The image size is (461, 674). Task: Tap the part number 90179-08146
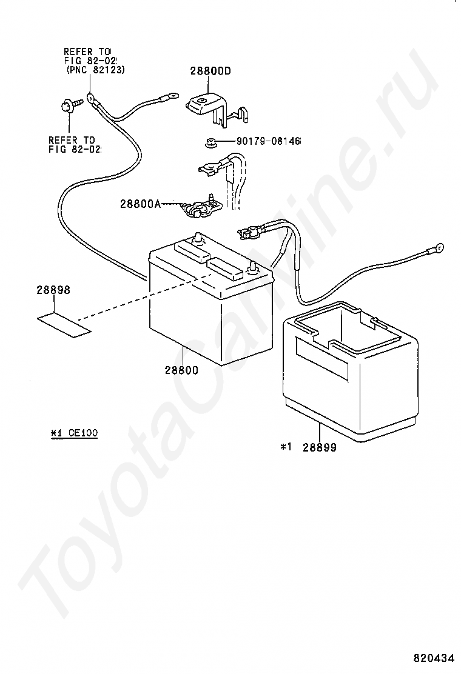[x=268, y=141]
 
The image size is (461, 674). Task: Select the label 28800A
[x=140, y=204]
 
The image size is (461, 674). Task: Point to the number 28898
[x=53, y=290]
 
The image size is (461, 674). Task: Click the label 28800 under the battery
[x=180, y=370]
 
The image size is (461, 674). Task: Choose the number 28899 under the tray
[x=320, y=448]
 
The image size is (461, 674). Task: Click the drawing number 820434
[x=434, y=658]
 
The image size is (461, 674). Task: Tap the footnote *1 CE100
[x=74, y=433]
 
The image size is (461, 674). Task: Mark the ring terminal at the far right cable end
[x=438, y=248]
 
